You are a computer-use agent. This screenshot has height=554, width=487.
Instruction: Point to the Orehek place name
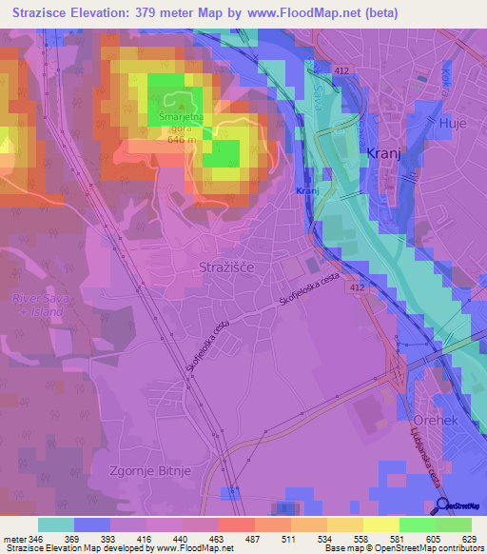point(437,420)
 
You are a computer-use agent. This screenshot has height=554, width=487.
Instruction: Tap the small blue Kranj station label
point(305,191)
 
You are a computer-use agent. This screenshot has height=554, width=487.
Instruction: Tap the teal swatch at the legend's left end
point(56,524)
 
